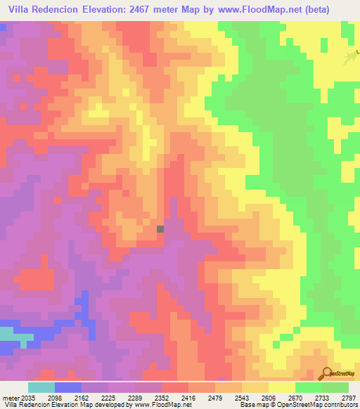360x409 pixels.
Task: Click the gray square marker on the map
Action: point(160,228)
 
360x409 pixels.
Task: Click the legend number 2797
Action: point(347,398)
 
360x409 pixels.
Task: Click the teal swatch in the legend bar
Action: point(41,387)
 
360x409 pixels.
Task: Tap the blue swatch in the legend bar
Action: point(67,387)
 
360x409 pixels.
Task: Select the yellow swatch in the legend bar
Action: point(281,387)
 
